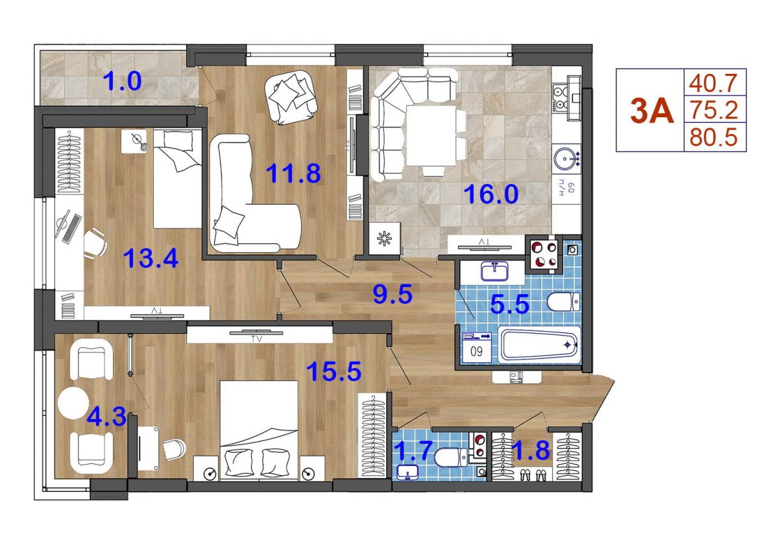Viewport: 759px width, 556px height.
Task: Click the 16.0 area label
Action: tap(491, 194)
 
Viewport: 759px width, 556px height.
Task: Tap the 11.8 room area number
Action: tap(293, 173)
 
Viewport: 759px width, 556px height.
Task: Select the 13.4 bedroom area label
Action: tap(151, 258)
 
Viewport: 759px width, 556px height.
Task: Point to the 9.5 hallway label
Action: tap(392, 294)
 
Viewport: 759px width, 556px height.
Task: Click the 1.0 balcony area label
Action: tap(123, 81)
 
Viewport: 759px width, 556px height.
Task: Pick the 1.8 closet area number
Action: tap(531, 450)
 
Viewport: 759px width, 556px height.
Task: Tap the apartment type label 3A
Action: tap(652, 111)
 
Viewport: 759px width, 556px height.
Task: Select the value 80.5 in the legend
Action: tap(714, 137)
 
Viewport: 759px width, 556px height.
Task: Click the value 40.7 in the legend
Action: tap(714, 83)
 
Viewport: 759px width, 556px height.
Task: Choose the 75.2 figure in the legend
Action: tap(714, 110)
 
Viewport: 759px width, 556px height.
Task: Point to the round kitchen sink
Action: tap(566, 157)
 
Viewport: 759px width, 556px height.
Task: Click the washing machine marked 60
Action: tap(477, 346)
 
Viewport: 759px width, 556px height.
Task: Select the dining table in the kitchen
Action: tap(431, 135)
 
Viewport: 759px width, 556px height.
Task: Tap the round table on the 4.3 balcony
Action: tap(73, 404)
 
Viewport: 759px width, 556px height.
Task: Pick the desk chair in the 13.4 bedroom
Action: tap(95, 243)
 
